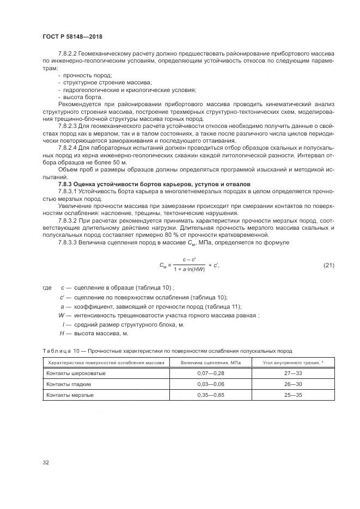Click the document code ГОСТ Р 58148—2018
click(72, 37)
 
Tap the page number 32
click(46, 463)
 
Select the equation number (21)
click(328, 265)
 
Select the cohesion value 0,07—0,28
click(210, 373)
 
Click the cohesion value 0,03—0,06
click(210, 384)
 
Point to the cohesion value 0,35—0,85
click(210, 395)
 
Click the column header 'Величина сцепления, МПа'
click(210, 363)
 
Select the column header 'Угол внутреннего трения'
click(294, 363)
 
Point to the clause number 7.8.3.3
click(68, 241)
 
